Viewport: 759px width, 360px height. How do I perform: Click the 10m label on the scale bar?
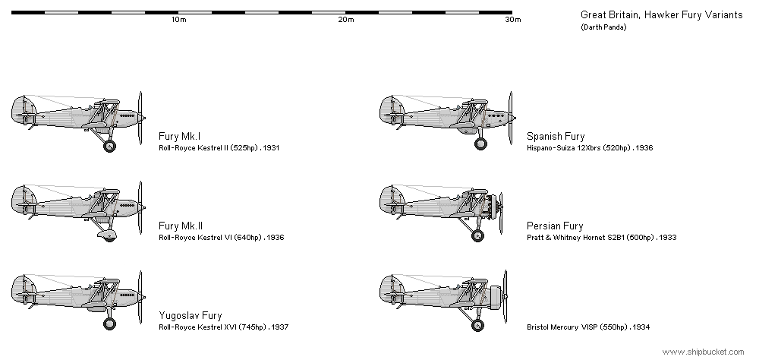178,20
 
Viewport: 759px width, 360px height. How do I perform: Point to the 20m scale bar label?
345,20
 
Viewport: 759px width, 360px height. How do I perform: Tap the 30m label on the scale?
513,20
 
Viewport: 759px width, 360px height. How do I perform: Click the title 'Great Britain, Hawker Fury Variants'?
661,15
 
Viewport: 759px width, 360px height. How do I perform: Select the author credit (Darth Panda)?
603,27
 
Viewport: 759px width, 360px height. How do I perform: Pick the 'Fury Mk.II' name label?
181,226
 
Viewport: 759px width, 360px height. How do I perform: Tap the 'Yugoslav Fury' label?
191,316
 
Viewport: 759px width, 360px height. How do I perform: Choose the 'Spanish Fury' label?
556,136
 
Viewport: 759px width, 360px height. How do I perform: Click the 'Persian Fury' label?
556,226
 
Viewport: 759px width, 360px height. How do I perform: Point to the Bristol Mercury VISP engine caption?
588,327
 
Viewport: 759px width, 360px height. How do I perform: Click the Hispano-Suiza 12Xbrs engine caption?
590,148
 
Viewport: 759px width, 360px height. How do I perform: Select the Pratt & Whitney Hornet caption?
602,238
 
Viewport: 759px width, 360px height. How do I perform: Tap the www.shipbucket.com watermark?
703,352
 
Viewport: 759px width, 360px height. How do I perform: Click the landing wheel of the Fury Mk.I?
110,146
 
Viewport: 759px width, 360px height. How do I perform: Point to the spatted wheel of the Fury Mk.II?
108,235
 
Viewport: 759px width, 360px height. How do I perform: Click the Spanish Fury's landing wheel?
480,144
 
